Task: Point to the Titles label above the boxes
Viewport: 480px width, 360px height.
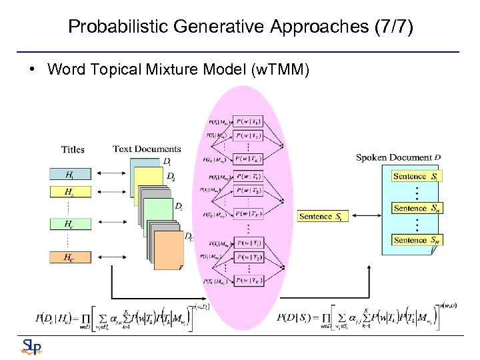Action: (73, 149)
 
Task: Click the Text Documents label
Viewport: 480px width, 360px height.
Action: (147, 149)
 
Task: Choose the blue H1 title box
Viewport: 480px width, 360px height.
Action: (70, 175)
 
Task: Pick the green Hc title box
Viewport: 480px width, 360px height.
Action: (70, 225)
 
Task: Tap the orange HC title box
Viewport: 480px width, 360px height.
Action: (70, 257)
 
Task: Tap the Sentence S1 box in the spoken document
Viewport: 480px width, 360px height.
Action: (415, 176)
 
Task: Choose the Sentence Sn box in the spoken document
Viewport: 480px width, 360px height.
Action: (415, 208)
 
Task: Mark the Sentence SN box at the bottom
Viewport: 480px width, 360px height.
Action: (415, 239)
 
